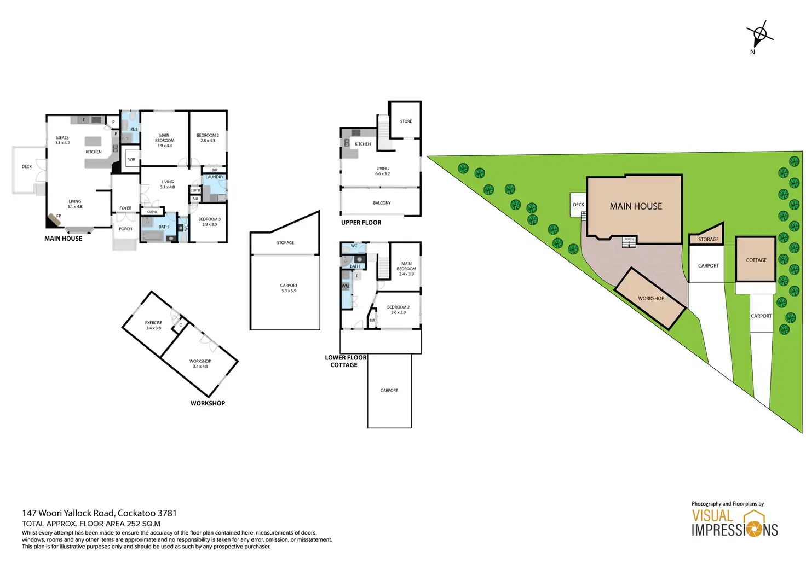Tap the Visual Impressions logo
734,523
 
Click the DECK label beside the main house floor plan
27,166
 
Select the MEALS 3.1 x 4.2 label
62,141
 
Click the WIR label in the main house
131,160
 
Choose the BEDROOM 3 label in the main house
209,222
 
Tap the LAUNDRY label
214,177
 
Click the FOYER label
125,208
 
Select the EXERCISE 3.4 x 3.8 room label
153,326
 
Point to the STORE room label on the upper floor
406,121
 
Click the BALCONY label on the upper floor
382,203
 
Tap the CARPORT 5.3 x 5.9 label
289,288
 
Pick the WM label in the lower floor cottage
346,286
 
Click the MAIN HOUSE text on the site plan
636,206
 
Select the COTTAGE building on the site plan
756,260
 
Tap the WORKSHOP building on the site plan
650,298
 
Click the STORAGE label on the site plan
708,240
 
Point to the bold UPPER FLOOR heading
361,223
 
